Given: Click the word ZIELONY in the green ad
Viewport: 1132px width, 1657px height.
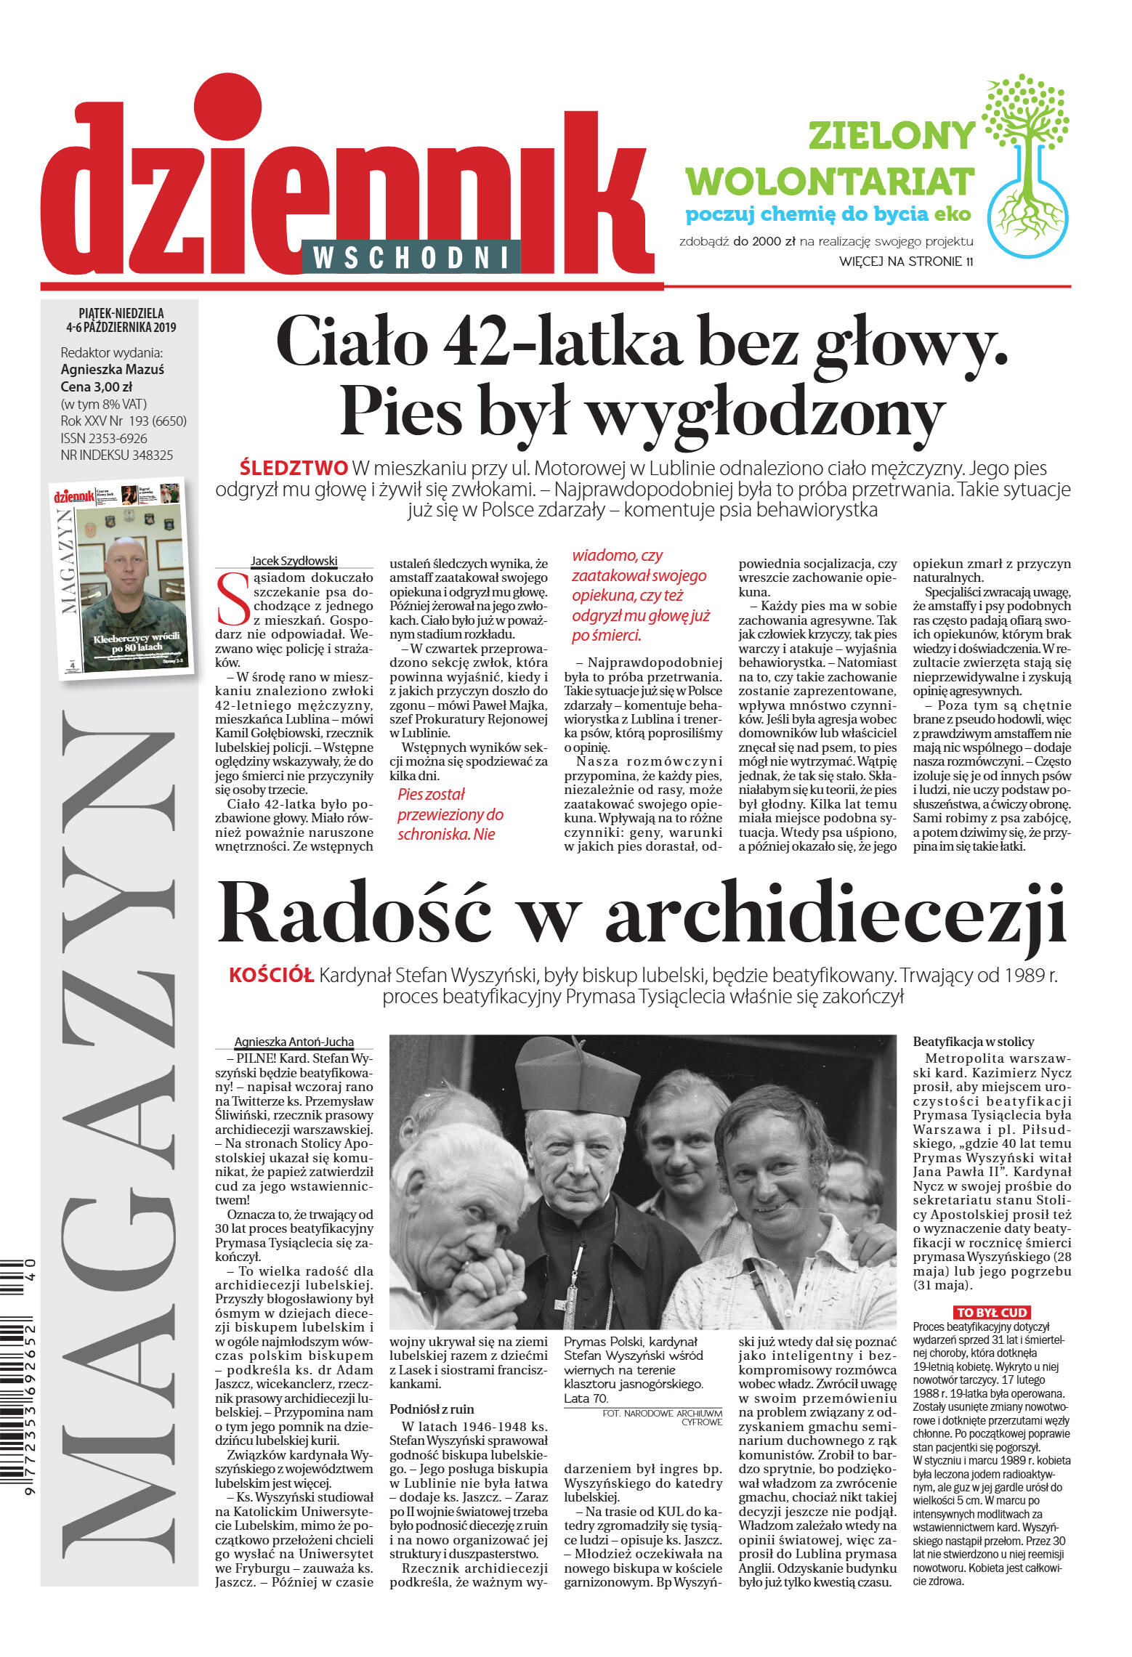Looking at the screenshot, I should point(892,136).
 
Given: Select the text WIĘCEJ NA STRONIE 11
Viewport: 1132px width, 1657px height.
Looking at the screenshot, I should point(905,262).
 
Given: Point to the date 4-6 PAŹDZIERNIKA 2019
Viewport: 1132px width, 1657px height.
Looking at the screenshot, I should point(121,327).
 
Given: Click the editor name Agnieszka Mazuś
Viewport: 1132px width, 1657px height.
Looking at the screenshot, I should point(113,369).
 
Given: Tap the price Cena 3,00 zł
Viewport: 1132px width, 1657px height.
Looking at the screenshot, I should point(96,386).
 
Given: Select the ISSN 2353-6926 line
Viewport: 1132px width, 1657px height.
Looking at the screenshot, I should point(104,438).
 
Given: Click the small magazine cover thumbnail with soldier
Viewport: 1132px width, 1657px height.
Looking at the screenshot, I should point(121,579).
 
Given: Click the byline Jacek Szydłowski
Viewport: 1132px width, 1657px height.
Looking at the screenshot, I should point(294,561).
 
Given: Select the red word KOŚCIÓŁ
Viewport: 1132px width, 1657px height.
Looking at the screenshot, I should point(271,975).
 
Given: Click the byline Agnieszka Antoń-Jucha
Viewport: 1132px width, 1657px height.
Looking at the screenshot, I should point(294,1042).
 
